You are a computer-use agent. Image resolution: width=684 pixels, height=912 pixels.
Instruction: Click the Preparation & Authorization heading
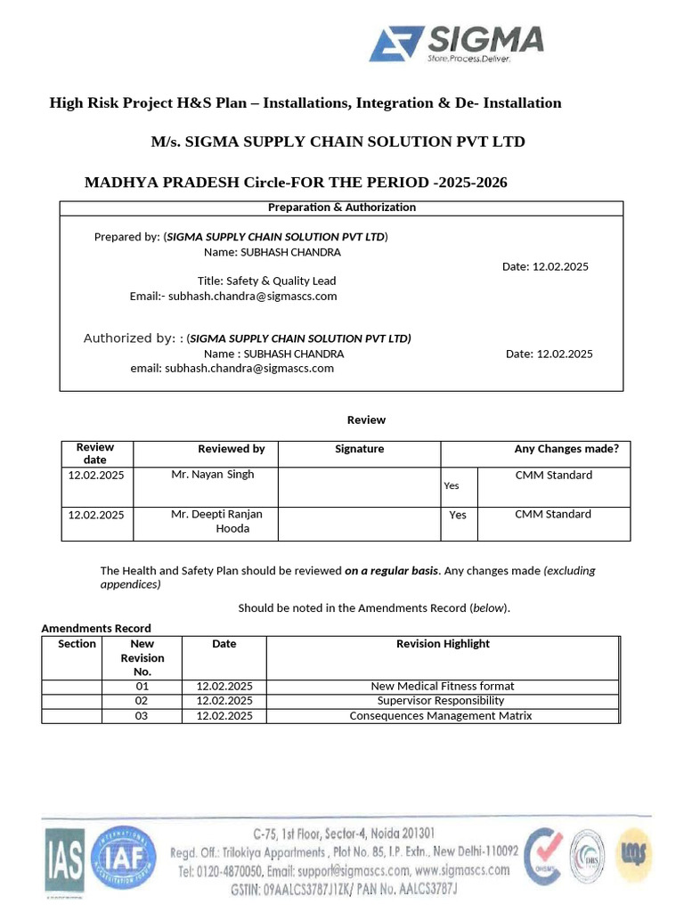342,208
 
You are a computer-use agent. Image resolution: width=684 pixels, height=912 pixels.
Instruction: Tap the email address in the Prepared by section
253,296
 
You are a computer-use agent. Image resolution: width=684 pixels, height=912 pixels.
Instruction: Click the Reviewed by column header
231,449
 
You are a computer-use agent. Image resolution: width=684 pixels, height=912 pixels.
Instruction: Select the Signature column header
359,449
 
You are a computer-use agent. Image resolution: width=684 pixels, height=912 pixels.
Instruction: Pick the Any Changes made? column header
566,449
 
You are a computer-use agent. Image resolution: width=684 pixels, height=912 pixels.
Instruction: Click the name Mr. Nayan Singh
212,475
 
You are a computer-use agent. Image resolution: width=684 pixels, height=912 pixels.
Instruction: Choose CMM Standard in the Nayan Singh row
553,475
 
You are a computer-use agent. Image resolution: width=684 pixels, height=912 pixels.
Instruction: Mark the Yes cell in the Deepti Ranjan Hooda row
458,515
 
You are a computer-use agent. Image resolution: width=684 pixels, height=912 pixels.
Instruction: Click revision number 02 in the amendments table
142,701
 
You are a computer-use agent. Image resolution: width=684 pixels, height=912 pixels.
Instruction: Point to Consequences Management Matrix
441,716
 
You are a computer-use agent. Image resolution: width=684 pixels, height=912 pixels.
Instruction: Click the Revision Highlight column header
443,644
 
